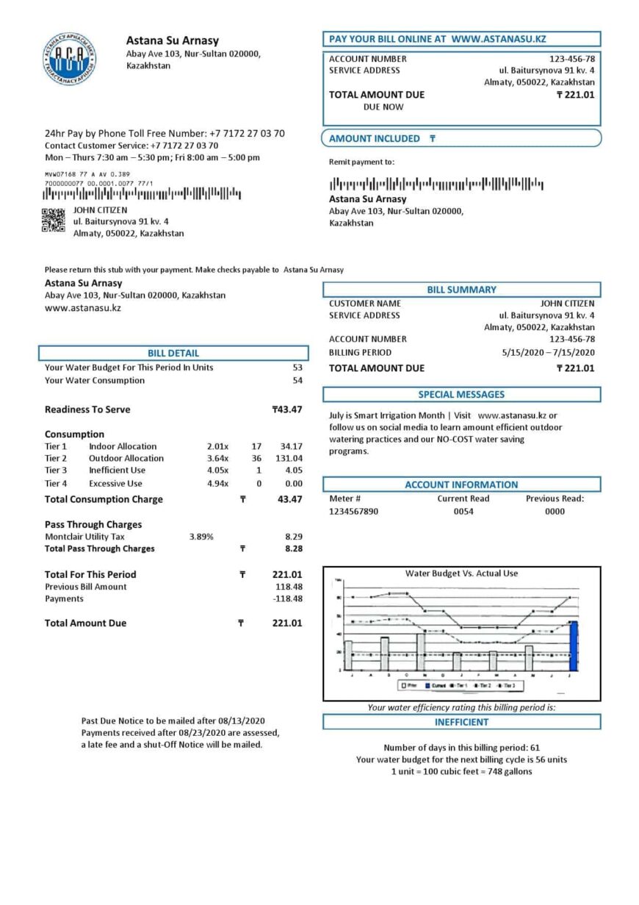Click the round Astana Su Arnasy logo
69,58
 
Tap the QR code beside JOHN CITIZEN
53,221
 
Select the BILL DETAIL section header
173,353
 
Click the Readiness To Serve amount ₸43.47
287,409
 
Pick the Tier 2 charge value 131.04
287,458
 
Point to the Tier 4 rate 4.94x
217,484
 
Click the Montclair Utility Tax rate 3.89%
201,537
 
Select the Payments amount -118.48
287,598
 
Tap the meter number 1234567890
354,511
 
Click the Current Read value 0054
463,511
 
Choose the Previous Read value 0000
555,511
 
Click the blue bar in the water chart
574,645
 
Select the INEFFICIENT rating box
461,722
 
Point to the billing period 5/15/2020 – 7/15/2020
548,352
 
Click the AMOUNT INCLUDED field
461,138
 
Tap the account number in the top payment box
572,59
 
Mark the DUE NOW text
383,107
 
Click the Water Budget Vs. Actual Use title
461,573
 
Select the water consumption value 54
297,380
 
